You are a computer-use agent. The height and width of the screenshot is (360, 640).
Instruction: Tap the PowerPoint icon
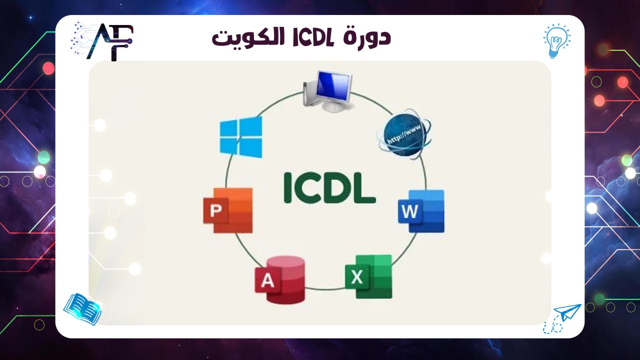pyautogui.click(x=228, y=210)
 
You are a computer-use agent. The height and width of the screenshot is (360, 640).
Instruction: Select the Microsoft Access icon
pyautogui.click(x=280, y=280)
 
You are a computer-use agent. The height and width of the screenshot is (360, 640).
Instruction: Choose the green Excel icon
pyautogui.click(x=369, y=276)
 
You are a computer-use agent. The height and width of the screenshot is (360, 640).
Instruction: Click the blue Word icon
pyautogui.click(x=421, y=210)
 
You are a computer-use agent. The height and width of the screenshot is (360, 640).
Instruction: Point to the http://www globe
pyautogui.click(x=404, y=133)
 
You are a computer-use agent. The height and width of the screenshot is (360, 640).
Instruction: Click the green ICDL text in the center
pyautogui.click(x=329, y=188)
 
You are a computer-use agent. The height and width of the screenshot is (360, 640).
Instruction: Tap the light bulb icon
pyautogui.click(x=556, y=39)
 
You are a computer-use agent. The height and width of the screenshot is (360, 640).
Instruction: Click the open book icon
pyautogui.click(x=82, y=308)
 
